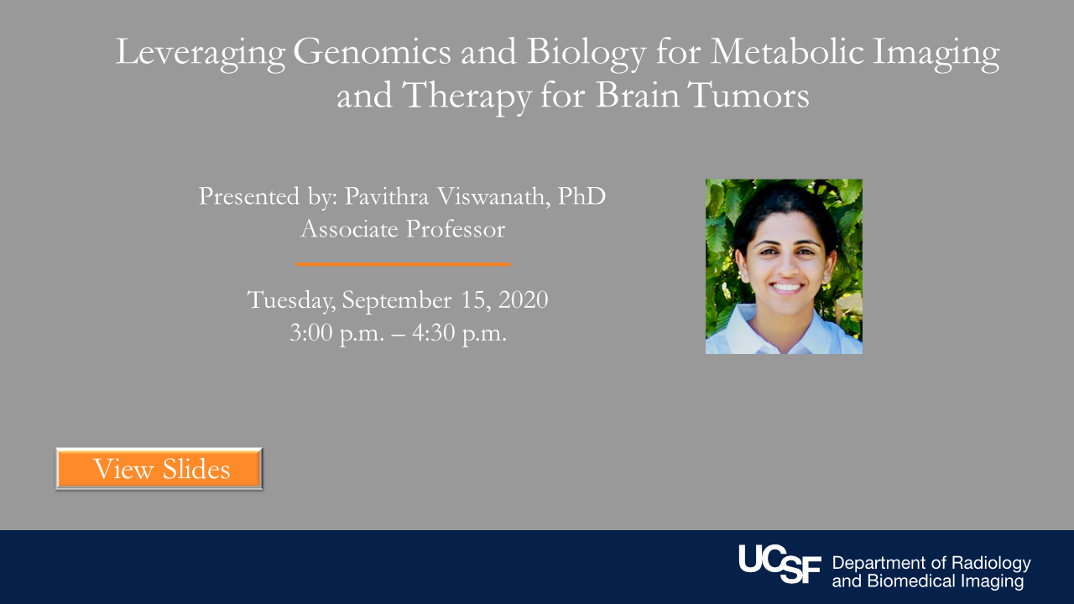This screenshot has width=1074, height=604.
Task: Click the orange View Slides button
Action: coord(159,468)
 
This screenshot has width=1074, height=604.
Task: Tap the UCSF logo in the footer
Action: coord(779,565)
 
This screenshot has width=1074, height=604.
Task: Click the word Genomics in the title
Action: coord(372,51)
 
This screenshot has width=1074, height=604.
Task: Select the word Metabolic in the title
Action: coord(786,51)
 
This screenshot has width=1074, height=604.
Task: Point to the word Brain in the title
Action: coord(637,95)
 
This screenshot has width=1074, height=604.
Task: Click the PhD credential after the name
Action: coord(581,196)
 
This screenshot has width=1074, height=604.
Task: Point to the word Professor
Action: coord(456,229)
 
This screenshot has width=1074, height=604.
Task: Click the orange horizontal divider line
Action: coord(404,264)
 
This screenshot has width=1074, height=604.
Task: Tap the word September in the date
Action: coord(397,301)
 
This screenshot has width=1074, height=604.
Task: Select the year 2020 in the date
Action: coord(523,299)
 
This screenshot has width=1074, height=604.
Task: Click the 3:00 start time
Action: coord(311,332)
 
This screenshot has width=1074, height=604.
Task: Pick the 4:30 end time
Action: coord(434,332)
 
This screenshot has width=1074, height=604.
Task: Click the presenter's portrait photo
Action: coord(784,267)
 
